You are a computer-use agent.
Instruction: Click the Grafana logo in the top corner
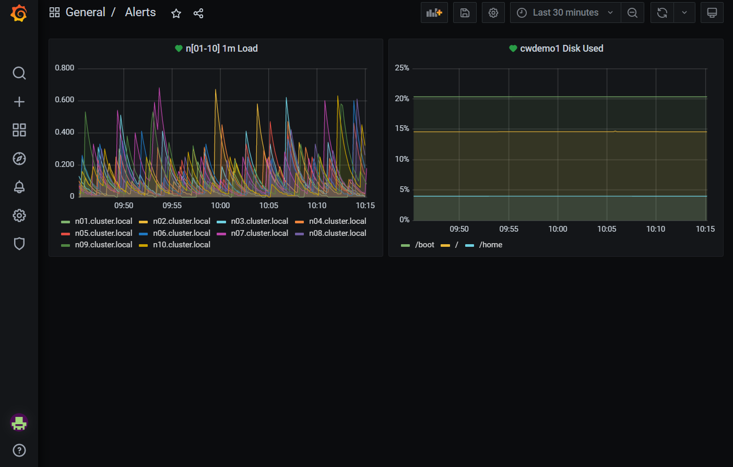pos(19,13)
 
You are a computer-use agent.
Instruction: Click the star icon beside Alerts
pos(176,14)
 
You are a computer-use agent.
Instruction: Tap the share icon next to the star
pos(198,14)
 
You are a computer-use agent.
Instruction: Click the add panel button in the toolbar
pos(434,13)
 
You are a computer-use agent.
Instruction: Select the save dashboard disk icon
pos(465,13)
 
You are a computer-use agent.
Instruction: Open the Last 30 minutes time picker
pos(565,13)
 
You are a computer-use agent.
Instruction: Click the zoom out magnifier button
pos(632,13)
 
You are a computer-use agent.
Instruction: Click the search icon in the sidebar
pos(19,73)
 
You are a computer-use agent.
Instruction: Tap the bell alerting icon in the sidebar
pos(19,187)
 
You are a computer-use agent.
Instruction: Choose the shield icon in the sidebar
pos(19,244)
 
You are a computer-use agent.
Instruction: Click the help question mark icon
pos(19,450)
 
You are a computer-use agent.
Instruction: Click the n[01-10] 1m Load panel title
pos(221,49)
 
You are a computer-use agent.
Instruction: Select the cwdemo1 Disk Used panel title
pos(561,49)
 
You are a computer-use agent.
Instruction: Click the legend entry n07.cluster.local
pos(259,233)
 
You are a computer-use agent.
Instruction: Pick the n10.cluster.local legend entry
pos(181,245)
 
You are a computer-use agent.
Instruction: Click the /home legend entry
pos(490,245)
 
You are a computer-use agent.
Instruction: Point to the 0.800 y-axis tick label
pos(65,68)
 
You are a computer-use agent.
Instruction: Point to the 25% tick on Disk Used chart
pos(402,68)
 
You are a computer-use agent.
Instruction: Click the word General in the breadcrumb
pos(85,13)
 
